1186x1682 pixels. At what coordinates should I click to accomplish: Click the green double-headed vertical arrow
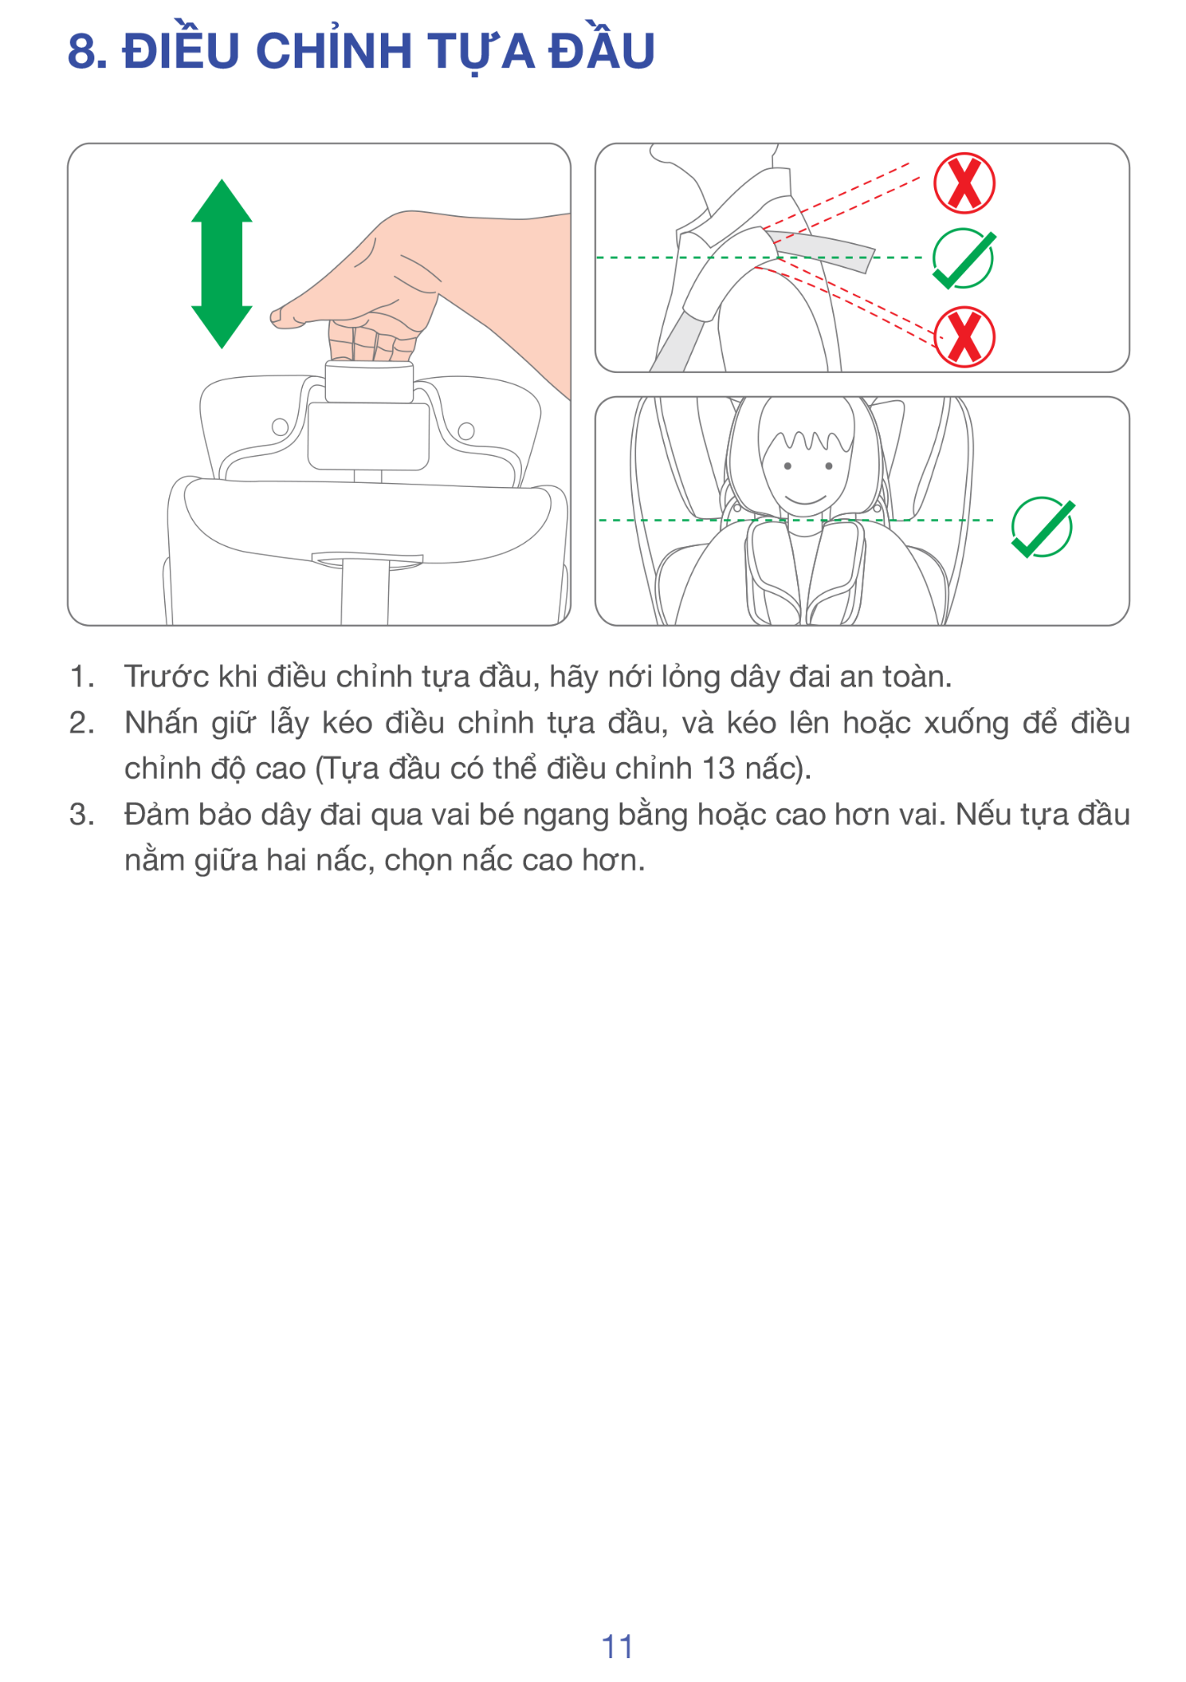(x=222, y=264)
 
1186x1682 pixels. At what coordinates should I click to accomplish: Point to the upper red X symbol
(x=964, y=183)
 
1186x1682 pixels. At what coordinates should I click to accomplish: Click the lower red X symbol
(x=964, y=337)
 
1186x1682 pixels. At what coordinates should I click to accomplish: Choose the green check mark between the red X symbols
(x=964, y=259)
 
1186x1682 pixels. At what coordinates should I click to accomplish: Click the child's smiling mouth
(x=805, y=499)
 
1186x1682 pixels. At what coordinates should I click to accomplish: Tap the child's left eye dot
(x=787, y=466)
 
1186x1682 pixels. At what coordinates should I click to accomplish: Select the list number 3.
(x=80, y=814)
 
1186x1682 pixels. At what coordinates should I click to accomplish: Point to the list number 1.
(x=80, y=676)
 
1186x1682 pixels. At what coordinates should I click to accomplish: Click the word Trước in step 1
(x=167, y=676)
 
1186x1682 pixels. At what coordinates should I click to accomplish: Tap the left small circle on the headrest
(x=280, y=427)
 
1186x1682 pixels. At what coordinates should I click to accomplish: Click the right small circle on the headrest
(x=466, y=430)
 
